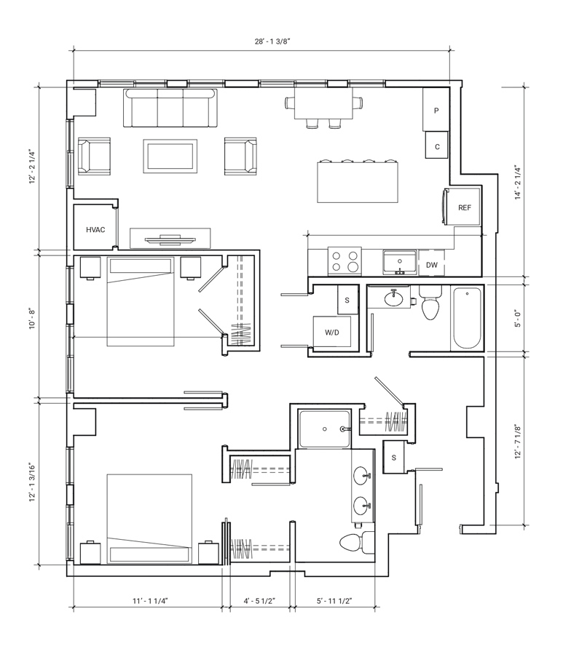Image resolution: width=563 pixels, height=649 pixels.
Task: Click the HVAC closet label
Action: click(95, 230)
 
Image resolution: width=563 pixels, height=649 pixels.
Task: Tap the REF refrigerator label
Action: click(465, 208)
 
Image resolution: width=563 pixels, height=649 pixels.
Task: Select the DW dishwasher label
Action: click(432, 265)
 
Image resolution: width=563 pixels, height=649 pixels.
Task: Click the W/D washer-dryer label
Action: click(332, 333)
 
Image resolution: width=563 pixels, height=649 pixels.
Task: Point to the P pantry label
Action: click(436, 111)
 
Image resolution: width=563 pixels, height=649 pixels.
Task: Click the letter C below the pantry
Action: click(437, 147)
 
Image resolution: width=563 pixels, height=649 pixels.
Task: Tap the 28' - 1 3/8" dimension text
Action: click(272, 41)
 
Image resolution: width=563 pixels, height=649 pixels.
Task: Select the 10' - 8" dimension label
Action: click(32, 319)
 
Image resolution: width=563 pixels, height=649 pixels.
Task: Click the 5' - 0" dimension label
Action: click(518, 319)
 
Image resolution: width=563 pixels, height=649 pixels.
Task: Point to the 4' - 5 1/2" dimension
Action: click(260, 601)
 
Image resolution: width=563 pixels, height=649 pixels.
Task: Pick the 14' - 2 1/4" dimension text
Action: click(518, 183)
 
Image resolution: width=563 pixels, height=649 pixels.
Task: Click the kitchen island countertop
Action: click(358, 182)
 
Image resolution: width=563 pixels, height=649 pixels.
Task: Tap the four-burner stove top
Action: click(345, 261)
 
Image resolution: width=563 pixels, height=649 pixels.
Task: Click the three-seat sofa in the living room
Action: click(170, 108)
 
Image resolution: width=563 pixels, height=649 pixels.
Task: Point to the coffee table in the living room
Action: click(170, 156)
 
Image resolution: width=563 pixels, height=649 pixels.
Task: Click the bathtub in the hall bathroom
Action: click(467, 319)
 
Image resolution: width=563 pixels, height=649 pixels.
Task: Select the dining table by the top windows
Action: click(323, 103)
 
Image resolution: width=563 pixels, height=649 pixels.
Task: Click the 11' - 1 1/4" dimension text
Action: click(150, 601)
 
